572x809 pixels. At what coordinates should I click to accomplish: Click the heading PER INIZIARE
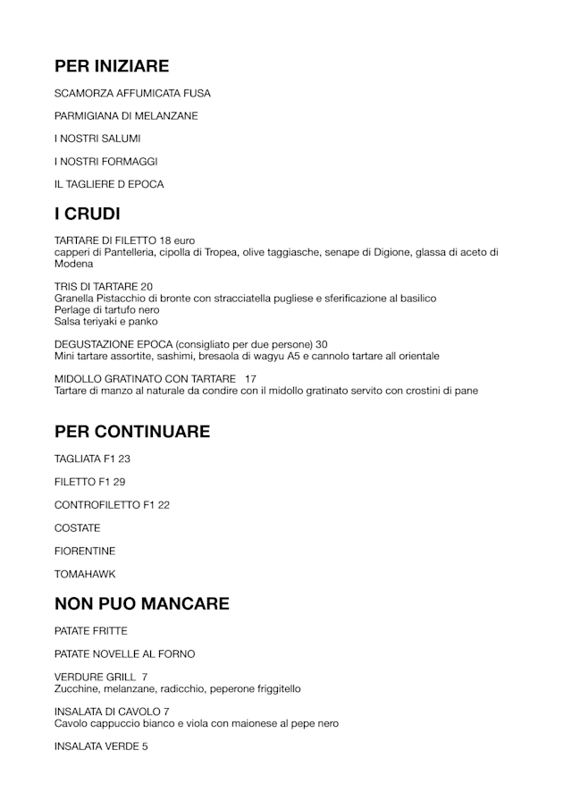(112, 65)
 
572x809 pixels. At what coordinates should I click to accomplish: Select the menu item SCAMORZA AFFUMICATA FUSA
(132, 93)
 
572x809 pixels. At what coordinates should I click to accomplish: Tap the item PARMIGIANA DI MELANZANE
(126, 116)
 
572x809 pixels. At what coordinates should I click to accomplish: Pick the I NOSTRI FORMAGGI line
(105, 162)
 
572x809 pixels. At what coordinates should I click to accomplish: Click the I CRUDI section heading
(88, 214)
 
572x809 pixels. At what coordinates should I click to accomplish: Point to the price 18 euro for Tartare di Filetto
(177, 240)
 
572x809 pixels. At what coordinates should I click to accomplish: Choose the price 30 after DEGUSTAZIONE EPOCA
(322, 344)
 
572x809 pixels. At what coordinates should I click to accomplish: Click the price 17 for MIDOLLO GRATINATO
(250, 378)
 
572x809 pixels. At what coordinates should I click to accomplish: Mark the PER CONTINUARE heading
(132, 432)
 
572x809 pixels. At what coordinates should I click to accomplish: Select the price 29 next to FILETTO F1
(119, 482)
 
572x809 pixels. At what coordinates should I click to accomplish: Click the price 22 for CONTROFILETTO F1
(164, 505)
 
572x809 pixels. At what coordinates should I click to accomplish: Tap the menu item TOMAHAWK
(85, 574)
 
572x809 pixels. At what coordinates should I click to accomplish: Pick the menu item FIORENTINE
(85, 551)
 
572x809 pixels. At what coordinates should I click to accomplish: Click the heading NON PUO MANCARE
(142, 603)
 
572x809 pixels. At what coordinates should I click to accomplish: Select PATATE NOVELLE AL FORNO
(124, 654)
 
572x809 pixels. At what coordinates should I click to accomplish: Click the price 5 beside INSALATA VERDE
(145, 746)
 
